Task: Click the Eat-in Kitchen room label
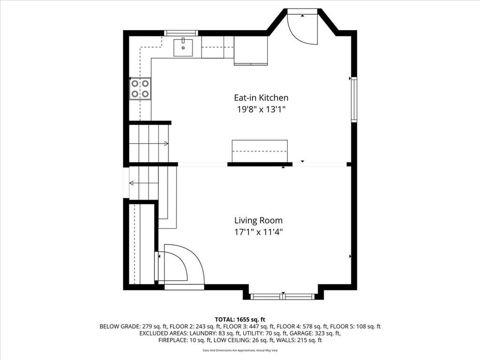(261, 97)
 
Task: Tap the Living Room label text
(258, 220)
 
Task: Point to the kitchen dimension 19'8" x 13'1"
(261, 109)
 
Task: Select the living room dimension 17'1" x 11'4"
(258, 232)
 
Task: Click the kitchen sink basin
(183, 48)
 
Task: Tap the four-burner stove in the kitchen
(140, 89)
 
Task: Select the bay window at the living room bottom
(282, 296)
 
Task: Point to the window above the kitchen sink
(181, 33)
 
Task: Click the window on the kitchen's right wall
(354, 99)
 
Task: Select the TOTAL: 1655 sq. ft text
(240, 320)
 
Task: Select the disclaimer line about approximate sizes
(240, 350)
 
